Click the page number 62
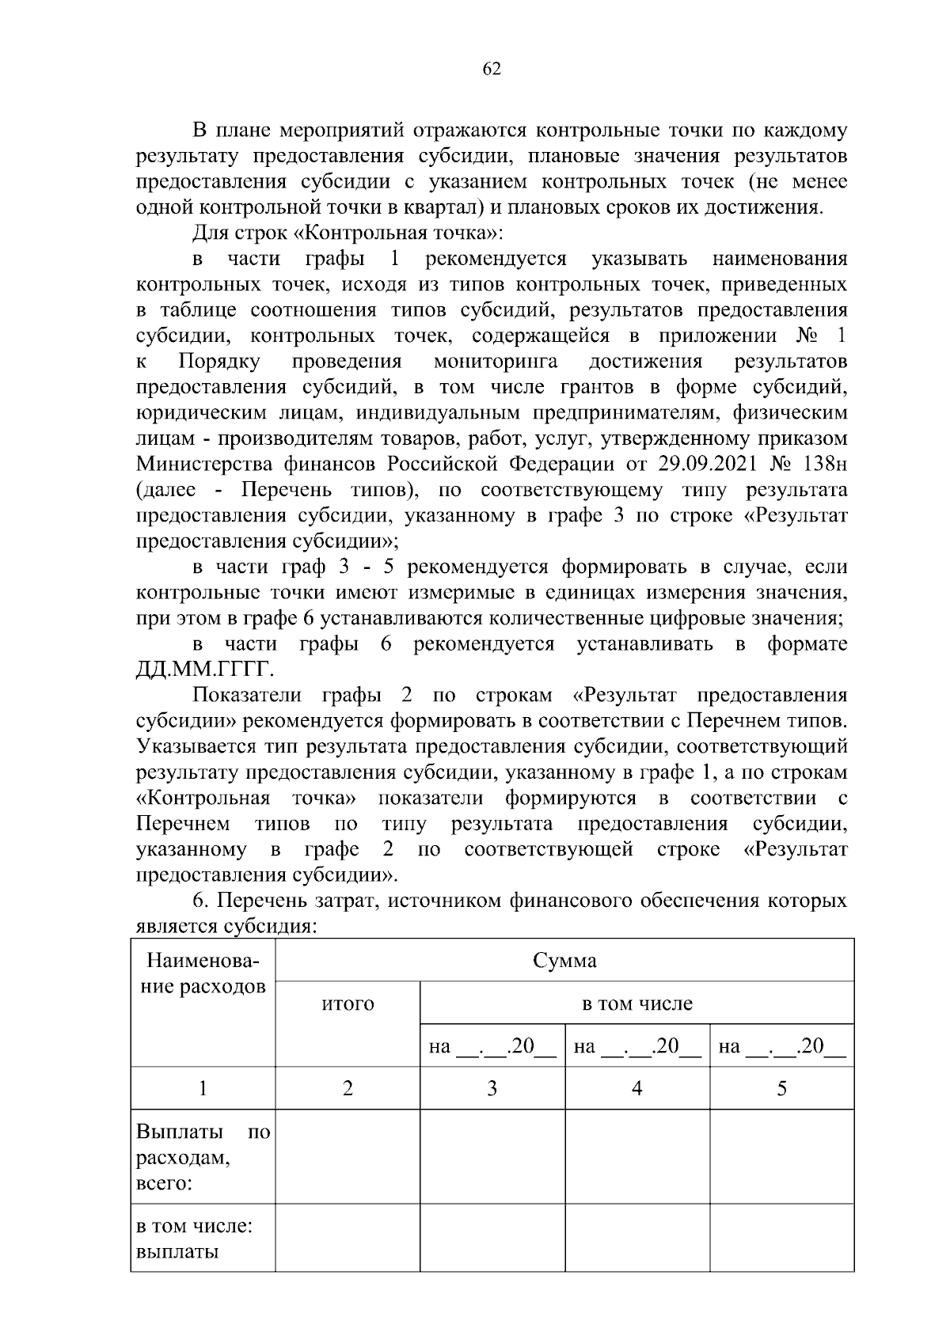click(491, 70)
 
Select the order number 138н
click(823, 464)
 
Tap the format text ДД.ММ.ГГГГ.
click(205, 671)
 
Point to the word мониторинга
click(496, 362)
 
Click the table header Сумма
click(564, 962)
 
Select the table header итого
click(348, 1004)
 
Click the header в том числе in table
click(636, 1004)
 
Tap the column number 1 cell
click(203, 1089)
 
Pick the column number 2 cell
click(348, 1089)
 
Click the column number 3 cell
click(492, 1089)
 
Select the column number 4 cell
click(636, 1089)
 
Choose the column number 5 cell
click(781, 1089)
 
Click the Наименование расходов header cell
click(203, 974)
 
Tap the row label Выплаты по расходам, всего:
click(203, 1158)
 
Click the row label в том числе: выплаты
click(195, 1239)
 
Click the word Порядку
click(219, 362)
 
